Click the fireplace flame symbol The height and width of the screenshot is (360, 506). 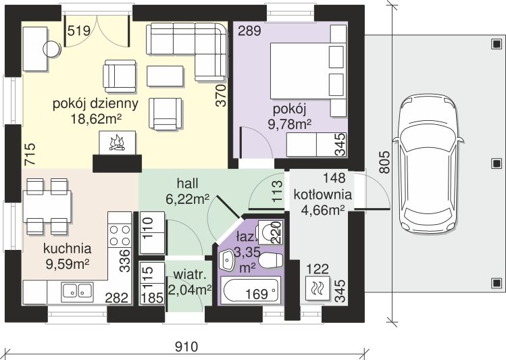pyautogui.click(x=118, y=144)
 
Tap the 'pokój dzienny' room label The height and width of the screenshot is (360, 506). pyautogui.click(x=95, y=104)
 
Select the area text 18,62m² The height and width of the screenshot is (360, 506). pyautogui.click(x=96, y=119)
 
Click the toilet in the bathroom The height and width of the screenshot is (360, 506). pyautogui.click(x=271, y=261)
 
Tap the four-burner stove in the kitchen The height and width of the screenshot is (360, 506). pyautogui.click(x=120, y=235)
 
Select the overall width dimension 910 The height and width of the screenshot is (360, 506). pyautogui.click(x=186, y=347)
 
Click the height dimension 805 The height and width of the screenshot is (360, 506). pyautogui.click(x=384, y=162)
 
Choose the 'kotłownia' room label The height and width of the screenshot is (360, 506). pyautogui.click(x=322, y=195)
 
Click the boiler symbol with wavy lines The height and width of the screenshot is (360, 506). pyautogui.click(x=318, y=288)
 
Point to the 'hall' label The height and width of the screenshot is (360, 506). pyautogui.click(x=188, y=184)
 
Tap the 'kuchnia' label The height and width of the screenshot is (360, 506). pyautogui.click(x=68, y=249)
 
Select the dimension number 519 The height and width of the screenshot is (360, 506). pyautogui.click(x=79, y=31)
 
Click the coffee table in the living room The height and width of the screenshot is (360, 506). pyautogui.click(x=165, y=76)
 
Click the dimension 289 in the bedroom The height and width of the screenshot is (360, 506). pyautogui.click(x=249, y=31)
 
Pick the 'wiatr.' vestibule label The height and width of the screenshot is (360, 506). pyautogui.click(x=190, y=275)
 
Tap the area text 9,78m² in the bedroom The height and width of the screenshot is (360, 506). pyautogui.click(x=290, y=124)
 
